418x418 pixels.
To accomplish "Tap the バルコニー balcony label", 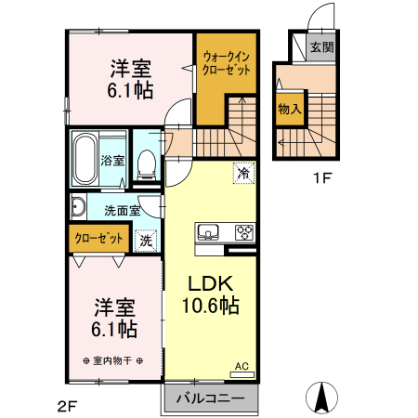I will pyautogui.click(x=209, y=398).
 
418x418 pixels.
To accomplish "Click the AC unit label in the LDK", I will pyautogui.click(x=242, y=367).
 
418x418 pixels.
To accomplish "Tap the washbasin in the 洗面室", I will pyautogui.click(x=77, y=208).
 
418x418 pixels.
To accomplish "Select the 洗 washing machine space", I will pyautogui.click(x=145, y=240).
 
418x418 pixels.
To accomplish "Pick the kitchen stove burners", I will pyautogui.click(x=244, y=232).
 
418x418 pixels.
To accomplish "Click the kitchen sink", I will pyautogui.click(x=207, y=232).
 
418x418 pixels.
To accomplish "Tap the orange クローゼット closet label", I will pyautogui.click(x=98, y=239).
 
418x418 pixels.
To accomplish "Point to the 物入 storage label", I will pyautogui.click(x=289, y=109).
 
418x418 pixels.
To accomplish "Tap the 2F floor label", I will pyautogui.click(x=67, y=405).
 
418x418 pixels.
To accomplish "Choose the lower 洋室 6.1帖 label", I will pyautogui.click(x=115, y=318).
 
